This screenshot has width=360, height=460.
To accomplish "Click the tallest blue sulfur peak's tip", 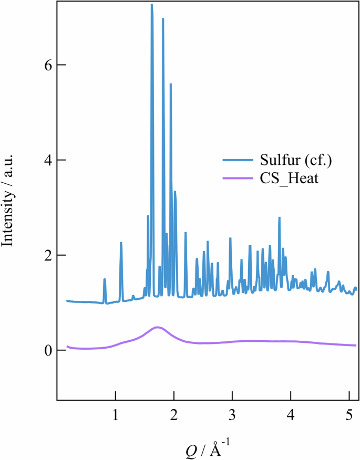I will (151, 5).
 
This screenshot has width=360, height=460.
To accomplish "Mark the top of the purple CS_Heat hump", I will (157, 327).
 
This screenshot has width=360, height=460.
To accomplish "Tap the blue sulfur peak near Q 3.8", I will (280, 217).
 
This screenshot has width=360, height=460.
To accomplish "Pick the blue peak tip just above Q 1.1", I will (121, 243).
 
